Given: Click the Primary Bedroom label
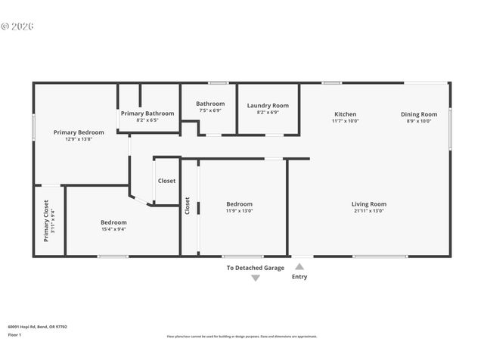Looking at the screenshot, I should (x=79, y=132).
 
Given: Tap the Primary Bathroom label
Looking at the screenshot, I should (x=147, y=113).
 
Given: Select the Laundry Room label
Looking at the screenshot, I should (x=268, y=105).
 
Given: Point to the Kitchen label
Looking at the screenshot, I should (x=345, y=114).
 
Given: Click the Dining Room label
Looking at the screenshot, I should (x=419, y=114).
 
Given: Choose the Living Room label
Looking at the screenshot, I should (x=368, y=204).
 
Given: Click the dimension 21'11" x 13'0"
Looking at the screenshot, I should (x=368, y=211).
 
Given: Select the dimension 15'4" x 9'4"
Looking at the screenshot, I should (x=113, y=229).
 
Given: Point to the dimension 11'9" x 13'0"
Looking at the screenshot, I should (x=239, y=211).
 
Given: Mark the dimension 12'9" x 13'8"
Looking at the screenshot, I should (x=79, y=139).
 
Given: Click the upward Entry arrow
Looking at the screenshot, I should (x=299, y=266).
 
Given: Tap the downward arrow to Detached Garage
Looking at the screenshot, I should (x=255, y=278).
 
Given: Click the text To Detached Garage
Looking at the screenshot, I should (x=255, y=268).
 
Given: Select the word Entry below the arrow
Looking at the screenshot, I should (x=299, y=277).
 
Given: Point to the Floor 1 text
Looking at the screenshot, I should (x=14, y=334).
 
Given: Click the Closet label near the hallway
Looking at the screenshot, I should (x=166, y=181).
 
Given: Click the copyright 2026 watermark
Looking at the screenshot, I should (x=17, y=26).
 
